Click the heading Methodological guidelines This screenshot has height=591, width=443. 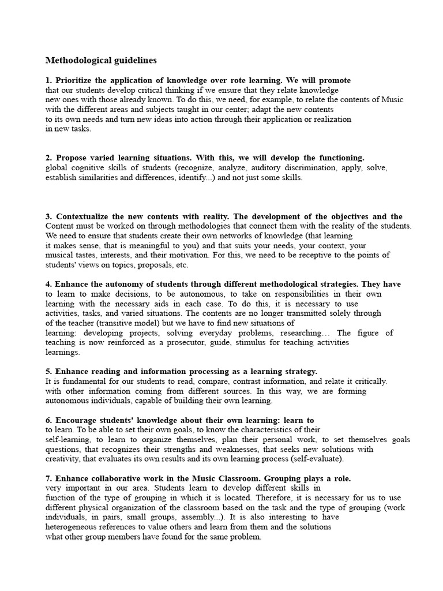tap(101, 60)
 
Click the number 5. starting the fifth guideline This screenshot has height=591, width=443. tap(49, 371)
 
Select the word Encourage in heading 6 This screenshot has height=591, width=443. tap(75, 420)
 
